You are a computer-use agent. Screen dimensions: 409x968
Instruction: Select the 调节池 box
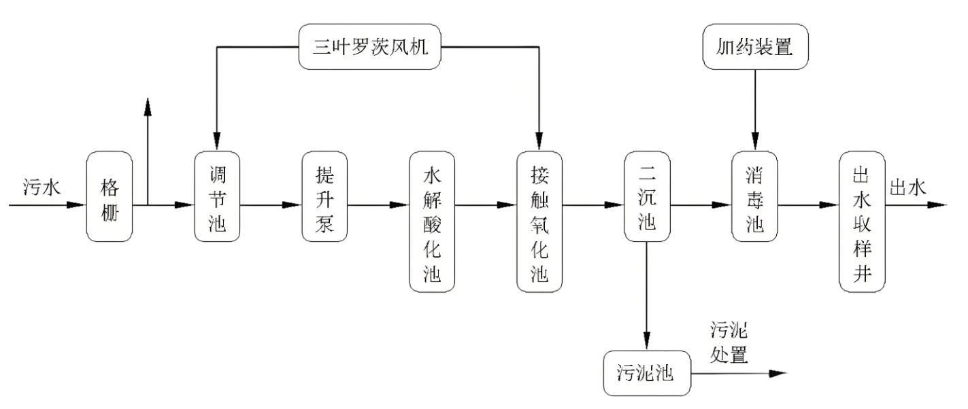coord(217,196)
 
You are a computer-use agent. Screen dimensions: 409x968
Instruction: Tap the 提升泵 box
coord(324,196)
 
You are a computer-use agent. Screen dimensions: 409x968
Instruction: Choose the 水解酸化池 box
coord(432,221)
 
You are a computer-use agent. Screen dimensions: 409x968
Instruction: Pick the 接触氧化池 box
coord(539,221)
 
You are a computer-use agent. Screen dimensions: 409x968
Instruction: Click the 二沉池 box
coord(647,196)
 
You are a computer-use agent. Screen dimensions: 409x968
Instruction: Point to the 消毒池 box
coord(754,196)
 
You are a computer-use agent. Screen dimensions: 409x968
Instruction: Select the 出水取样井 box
coord(862,221)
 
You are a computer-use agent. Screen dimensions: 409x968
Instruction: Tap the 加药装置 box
coord(754,48)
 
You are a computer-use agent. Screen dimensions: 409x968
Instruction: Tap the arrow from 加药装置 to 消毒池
coord(754,109)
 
